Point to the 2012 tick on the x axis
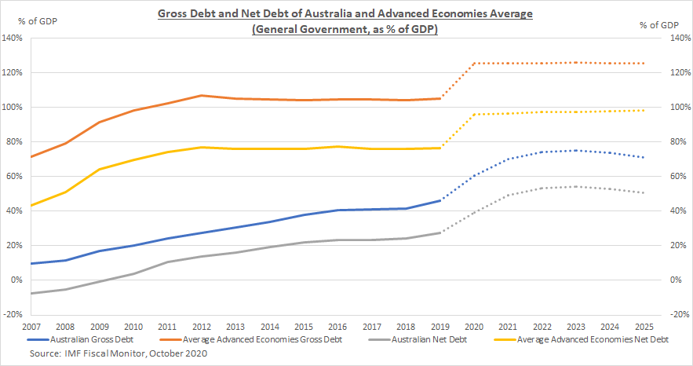(202, 325)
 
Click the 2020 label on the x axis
(474, 325)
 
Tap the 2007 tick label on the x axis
(31, 325)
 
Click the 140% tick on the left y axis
(15, 38)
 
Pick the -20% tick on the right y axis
(677, 314)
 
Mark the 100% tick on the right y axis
(677, 107)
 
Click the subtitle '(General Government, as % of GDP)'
(346, 29)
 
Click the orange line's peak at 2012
(202, 95)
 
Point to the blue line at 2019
(440, 200)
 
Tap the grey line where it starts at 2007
(31, 293)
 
